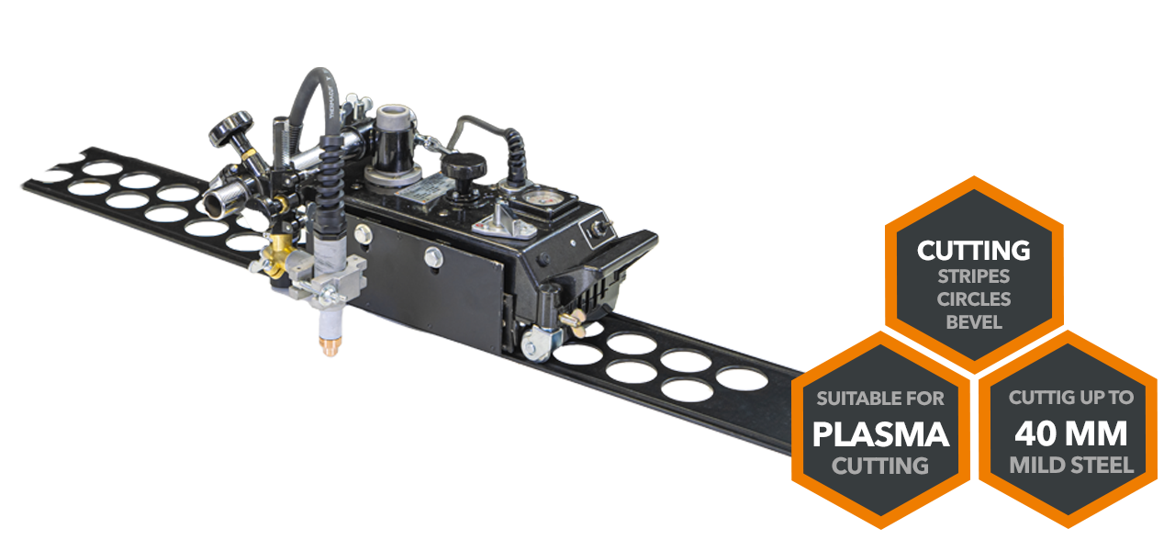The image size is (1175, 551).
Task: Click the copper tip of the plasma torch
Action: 330,347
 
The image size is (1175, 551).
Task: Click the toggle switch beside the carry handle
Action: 598,228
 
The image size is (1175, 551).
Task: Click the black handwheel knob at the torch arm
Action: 231,129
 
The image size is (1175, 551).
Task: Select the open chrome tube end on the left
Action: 215,205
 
